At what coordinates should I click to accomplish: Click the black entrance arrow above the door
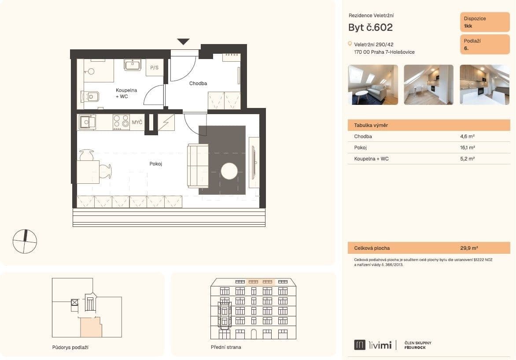tap(183, 42)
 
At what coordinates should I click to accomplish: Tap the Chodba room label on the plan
tap(198, 83)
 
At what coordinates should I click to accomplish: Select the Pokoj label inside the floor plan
tap(156, 163)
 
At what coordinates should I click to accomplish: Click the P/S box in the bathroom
tap(154, 68)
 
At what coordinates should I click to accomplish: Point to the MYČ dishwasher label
tap(137, 122)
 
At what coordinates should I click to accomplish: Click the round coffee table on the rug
tap(229, 171)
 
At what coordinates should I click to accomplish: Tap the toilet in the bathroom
tap(91, 96)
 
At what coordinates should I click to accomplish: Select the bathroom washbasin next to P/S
tap(132, 65)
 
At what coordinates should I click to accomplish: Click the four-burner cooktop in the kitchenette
tap(121, 122)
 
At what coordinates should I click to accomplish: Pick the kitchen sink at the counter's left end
tap(87, 122)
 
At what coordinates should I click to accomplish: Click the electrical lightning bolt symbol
tap(166, 122)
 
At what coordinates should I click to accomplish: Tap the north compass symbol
tap(25, 241)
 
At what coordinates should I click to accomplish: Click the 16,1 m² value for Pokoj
tap(467, 148)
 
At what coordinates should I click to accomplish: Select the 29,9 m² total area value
tap(469, 248)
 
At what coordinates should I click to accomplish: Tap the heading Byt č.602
tap(370, 27)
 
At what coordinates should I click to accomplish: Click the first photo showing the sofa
tap(373, 85)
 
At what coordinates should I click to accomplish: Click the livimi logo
tap(373, 345)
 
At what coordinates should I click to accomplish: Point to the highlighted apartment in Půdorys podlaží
tap(90, 327)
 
